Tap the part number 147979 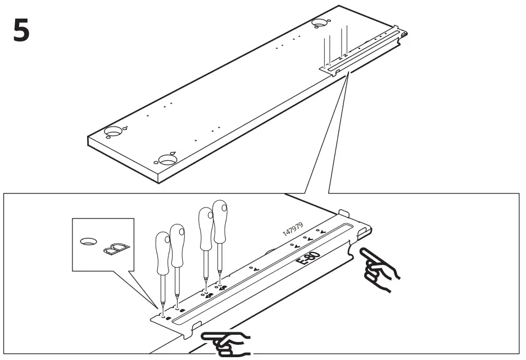(x=292, y=231)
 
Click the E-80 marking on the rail (x=309, y=260)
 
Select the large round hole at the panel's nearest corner (x=167, y=159)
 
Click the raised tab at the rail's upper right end (x=344, y=213)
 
